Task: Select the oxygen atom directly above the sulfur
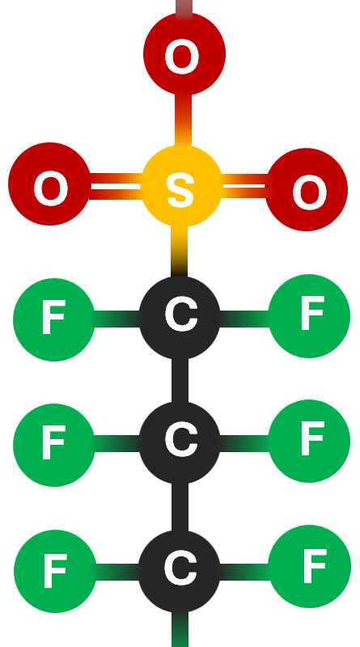click(x=184, y=53)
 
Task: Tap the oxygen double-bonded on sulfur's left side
click(x=49, y=184)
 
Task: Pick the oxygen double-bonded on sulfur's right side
click(x=307, y=189)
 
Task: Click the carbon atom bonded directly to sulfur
click(x=180, y=317)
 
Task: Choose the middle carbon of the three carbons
click(x=180, y=442)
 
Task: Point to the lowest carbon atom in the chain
click(x=180, y=571)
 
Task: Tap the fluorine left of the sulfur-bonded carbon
click(x=54, y=319)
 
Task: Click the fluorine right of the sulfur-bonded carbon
click(x=309, y=316)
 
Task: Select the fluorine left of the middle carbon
click(x=54, y=445)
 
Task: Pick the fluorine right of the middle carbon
click(x=309, y=441)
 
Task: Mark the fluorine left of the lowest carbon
click(x=55, y=571)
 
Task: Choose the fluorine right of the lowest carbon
click(x=309, y=566)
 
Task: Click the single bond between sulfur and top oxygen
click(x=184, y=120)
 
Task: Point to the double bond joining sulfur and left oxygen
click(x=116, y=187)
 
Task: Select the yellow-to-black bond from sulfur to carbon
click(x=179, y=252)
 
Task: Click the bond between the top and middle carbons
click(x=180, y=380)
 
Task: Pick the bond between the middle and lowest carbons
click(x=180, y=507)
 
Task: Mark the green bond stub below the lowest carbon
click(x=180, y=629)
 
